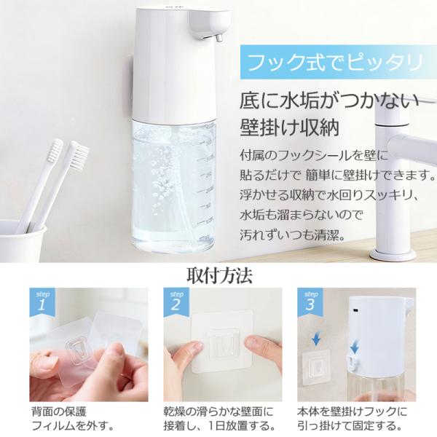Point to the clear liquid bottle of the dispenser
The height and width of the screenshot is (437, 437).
(x=173, y=182)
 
